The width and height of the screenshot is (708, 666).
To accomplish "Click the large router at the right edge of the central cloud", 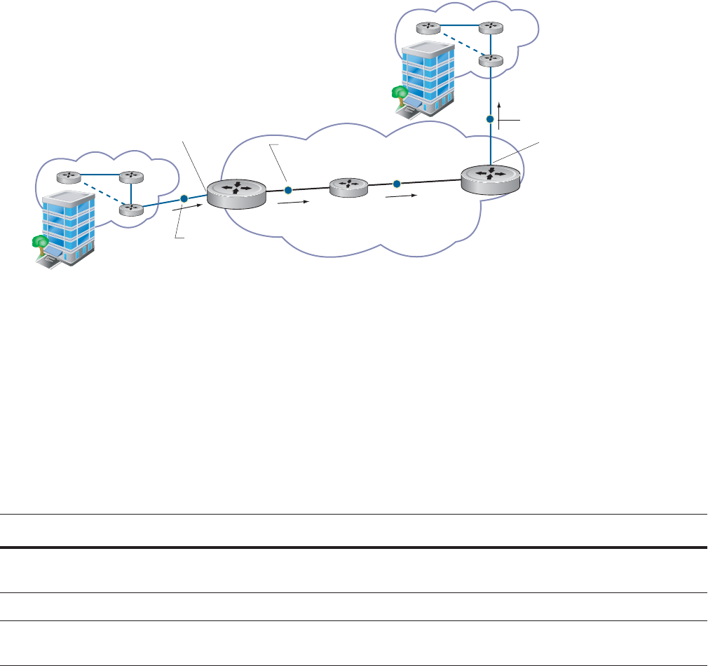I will click(x=491, y=178).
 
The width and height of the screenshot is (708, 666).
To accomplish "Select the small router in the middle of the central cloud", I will click(x=348, y=187).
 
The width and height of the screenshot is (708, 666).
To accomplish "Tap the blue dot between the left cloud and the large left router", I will click(x=184, y=198).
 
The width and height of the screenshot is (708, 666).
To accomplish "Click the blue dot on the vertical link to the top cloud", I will click(x=491, y=120).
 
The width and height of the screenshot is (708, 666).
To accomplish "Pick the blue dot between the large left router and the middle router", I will click(x=287, y=190).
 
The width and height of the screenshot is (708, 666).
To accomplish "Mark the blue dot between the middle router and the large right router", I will click(x=396, y=184).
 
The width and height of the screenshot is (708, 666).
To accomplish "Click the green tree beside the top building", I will click(x=400, y=93).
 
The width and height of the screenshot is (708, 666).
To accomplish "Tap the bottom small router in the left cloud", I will click(x=130, y=209).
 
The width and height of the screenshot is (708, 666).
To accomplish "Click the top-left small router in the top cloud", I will click(x=428, y=28).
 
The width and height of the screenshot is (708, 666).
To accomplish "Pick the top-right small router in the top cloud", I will click(x=491, y=28).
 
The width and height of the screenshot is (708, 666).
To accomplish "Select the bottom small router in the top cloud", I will click(x=491, y=60).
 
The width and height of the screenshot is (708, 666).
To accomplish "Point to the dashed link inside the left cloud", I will click(x=99, y=192).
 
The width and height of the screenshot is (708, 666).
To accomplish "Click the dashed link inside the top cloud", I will click(x=459, y=44).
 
